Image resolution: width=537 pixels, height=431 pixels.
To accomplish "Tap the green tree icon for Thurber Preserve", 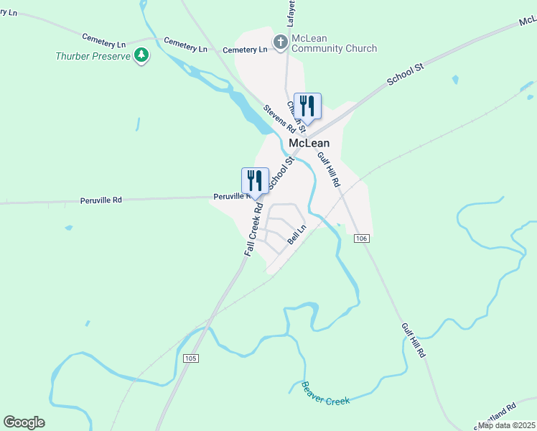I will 141,55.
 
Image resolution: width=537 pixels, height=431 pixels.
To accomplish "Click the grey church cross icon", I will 281,42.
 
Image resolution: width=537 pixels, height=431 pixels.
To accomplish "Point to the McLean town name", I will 309,143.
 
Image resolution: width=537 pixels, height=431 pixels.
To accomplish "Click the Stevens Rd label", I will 279,119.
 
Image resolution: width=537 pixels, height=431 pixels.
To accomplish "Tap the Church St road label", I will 296,117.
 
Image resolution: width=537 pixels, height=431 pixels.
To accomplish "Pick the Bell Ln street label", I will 297,235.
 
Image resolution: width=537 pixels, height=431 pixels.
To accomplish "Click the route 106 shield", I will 362,238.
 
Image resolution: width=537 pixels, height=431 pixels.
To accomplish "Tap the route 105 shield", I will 190,358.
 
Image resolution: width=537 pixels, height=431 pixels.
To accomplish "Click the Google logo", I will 24,422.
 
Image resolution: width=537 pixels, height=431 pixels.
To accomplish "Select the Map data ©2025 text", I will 507,425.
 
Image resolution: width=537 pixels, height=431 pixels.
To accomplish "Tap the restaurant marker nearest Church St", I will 307,105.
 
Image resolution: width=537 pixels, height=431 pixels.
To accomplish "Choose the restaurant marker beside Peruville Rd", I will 255,180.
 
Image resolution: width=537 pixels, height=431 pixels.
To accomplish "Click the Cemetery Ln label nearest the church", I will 245,50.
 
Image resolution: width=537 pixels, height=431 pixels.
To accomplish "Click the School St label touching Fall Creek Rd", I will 281,175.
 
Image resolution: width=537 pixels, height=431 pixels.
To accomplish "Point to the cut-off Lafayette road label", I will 291,14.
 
